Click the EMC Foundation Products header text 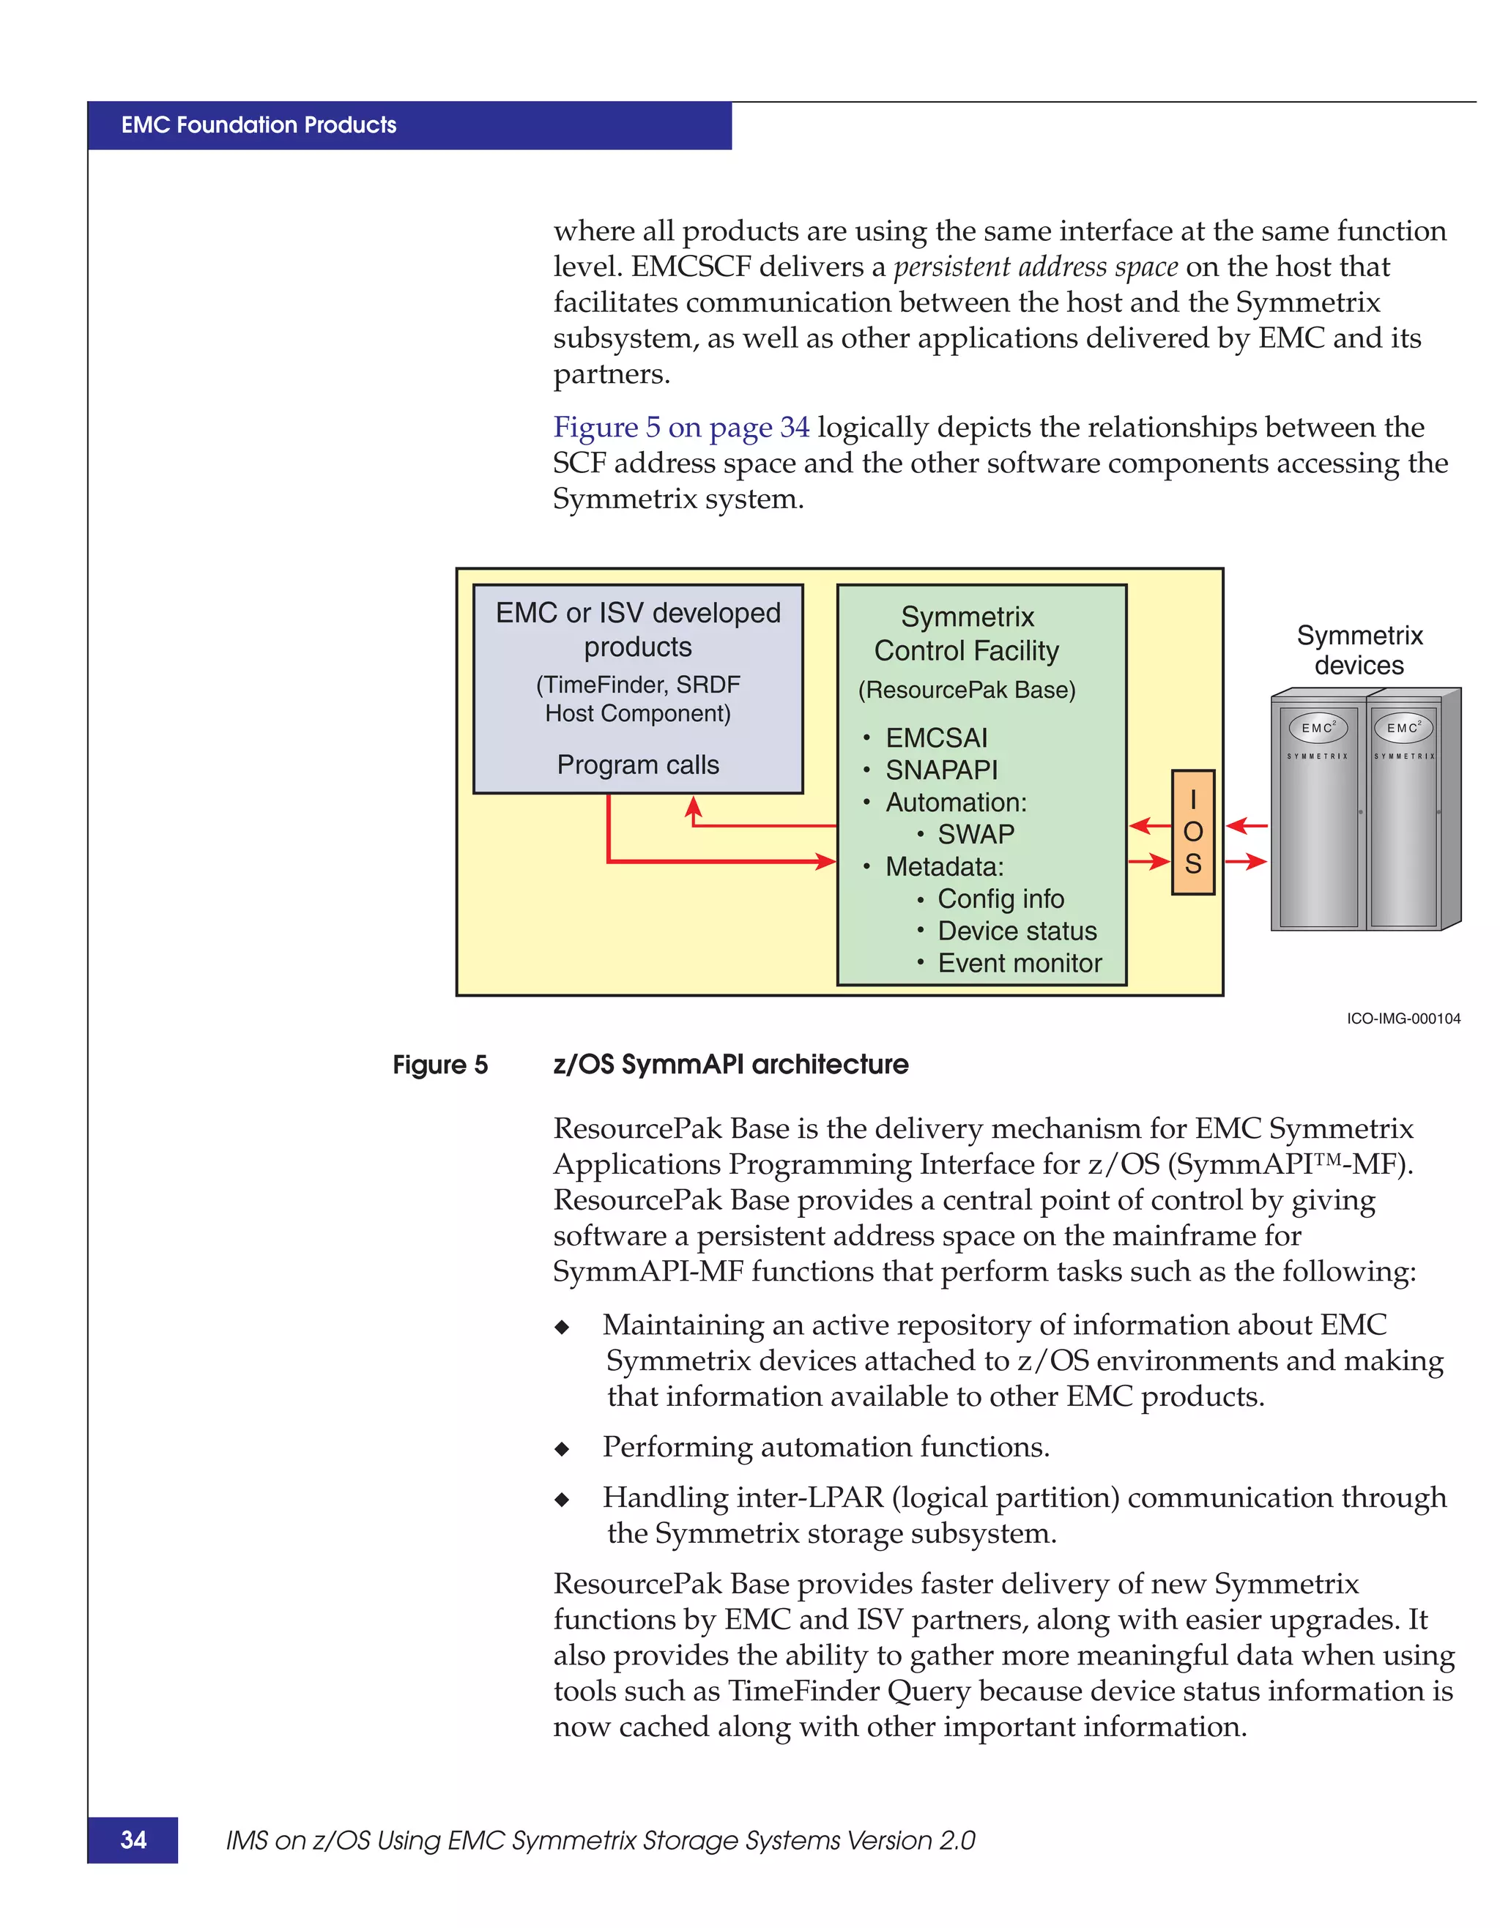(x=259, y=125)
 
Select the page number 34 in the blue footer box (x=133, y=1839)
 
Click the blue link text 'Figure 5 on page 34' (x=680, y=428)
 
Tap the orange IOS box (x=1193, y=832)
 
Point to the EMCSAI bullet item (x=936, y=738)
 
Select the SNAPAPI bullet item (x=941, y=770)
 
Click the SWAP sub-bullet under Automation (x=976, y=834)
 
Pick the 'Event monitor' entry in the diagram (x=1019, y=963)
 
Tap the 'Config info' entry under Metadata (x=1000, y=898)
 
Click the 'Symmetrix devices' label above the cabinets (x=1359, y=650)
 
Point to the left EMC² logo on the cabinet (x=1318, y=727)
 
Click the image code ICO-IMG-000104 (x=1403, y=1019)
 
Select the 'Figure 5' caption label (x=439, y=1065)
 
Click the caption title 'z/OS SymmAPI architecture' (x=730, y=1065)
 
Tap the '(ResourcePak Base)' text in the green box (x=967, y=690)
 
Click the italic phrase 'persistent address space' (x=1036, y=267)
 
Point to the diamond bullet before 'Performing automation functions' (x=562, y=1448)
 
